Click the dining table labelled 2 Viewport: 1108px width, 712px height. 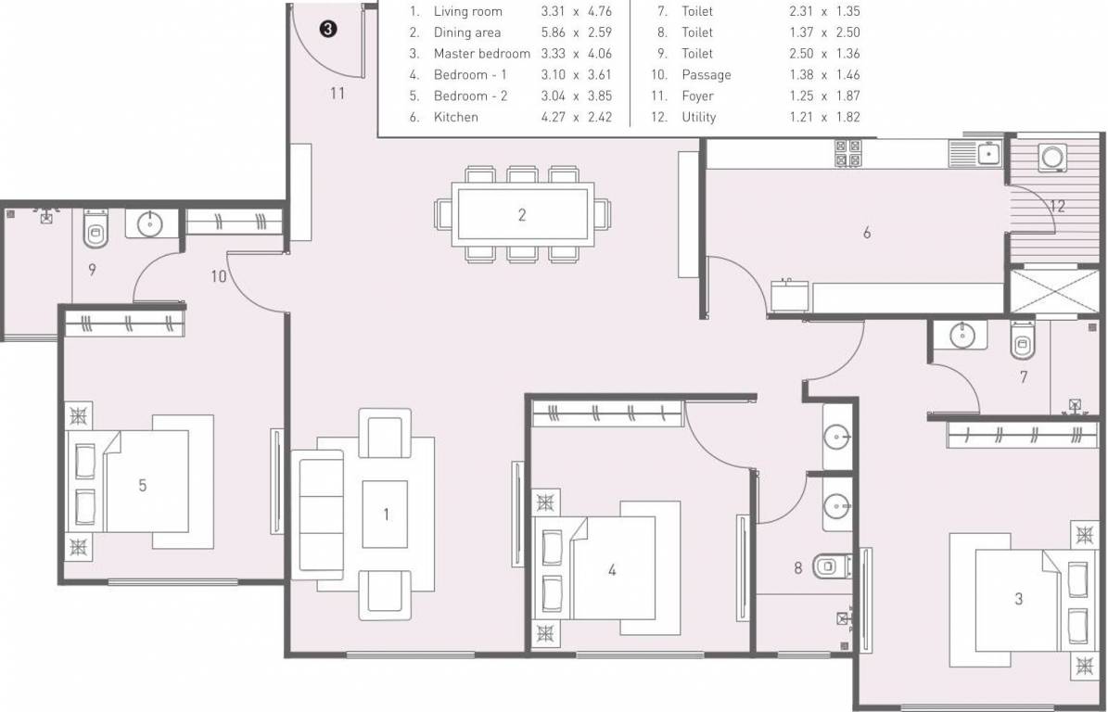click(x=521, y=215)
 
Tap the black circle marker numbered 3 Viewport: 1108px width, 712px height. click(x=328, y=30)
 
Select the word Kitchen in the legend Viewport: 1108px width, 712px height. click(x=456, y=117)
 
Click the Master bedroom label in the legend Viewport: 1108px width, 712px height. click(x=481, y=54)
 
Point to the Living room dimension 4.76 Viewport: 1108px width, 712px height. click(x=599, y=12)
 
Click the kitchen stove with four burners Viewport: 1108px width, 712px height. click(x=847, y=153)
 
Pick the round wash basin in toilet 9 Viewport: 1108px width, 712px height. click(x=149, y=223)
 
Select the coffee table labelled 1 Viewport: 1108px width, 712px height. click(x=387, y=515)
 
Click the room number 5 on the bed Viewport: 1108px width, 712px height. click(x=142, y=485)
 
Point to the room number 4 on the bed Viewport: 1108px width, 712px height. click(x=611, y=570)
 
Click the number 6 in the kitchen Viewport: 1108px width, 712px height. click(x=867, y=233)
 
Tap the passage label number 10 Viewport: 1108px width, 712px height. click(x=218, y=276)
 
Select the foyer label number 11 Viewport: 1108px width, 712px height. click(x=337, y=93)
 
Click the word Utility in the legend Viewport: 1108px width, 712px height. click(x=699, y=117)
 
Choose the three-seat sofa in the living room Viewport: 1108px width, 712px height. click(x=317, y=513)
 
